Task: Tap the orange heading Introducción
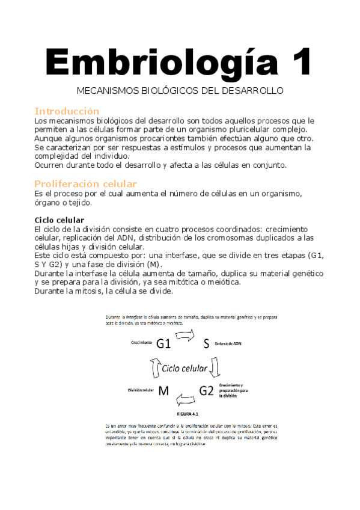coord(66,111)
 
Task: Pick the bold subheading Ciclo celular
coord(59,220)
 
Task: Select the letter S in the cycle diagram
coord(206,343)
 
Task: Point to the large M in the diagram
coord(163,391)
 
